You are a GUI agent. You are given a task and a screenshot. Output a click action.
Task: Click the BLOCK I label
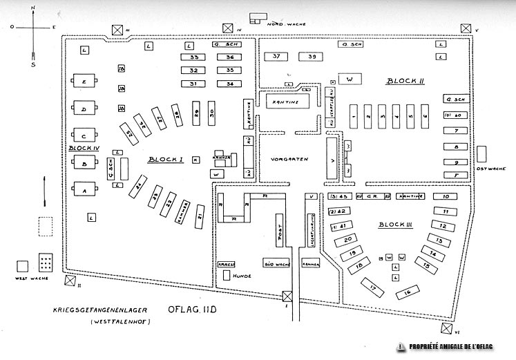(x=164, y=160)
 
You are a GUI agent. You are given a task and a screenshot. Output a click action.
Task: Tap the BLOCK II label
(x=405, y=81)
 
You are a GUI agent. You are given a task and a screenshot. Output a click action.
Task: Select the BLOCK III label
(x=395, y=226)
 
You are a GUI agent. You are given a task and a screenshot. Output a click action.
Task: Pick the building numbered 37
(x=276, y=56)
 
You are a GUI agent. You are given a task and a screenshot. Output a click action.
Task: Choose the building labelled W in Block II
(x=350, y=80)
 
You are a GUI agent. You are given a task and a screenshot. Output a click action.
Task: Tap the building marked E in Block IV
(x=84, y=83)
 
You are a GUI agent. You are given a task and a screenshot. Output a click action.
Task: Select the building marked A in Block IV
(x=85, y=191)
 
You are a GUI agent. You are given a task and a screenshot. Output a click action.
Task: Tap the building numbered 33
(x=195, y=57)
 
